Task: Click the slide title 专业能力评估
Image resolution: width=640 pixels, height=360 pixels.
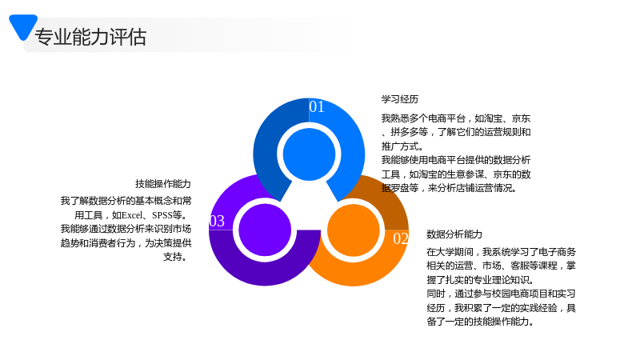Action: pos(90,37)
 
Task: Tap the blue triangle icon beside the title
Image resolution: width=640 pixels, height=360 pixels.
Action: pos(23,26)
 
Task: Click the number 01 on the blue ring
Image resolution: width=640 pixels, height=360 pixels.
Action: pos(317,107)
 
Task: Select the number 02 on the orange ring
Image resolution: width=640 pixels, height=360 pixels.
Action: pos(401,238)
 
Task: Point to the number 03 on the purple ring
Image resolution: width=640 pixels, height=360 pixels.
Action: pos(217,222)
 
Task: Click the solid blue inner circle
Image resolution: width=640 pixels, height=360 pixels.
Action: pos(309,154)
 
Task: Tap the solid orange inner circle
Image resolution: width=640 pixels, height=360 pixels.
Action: pos(354,230)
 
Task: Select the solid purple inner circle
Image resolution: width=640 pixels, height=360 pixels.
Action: pos(265,230)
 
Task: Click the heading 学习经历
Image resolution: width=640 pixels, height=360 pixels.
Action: pos(400,99)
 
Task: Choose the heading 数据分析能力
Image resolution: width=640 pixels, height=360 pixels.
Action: pos(454,234)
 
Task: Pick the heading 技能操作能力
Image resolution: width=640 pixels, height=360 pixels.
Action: pos(163,184)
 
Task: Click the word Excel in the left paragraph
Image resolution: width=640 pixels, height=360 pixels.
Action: pos(132,215)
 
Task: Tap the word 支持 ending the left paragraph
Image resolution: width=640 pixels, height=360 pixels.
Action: pos(173,257)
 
